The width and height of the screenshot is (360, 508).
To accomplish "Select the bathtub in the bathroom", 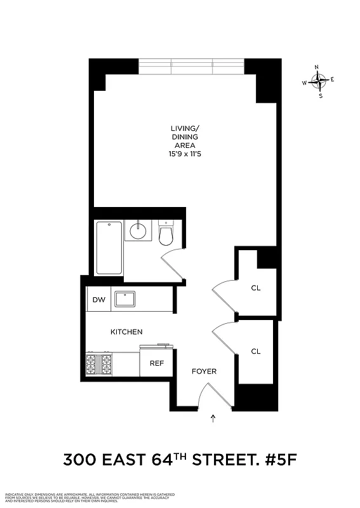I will click(x=109, y=247).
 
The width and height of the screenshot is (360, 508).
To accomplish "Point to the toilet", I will click(x=166, y=234).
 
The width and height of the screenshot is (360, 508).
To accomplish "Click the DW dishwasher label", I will click(x=98, y=300).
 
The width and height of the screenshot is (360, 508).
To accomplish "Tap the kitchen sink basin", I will click(x=124, y=298).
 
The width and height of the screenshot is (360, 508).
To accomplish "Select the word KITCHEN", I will click(x=126, y=332).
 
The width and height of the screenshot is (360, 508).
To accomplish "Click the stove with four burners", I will click(x=98, y=364).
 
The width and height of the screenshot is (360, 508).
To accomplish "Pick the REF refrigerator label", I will click(x=156, y=363).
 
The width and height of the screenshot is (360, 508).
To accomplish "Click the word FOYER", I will click(x=204, y=371).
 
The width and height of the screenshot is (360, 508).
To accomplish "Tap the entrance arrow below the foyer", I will click(x=213, y=418).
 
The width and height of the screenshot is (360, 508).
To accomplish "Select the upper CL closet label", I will click(x=256, y=288).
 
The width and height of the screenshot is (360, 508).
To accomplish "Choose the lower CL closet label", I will click(x=256, y=351).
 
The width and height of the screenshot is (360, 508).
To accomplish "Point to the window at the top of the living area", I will click(x=191, y=67).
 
